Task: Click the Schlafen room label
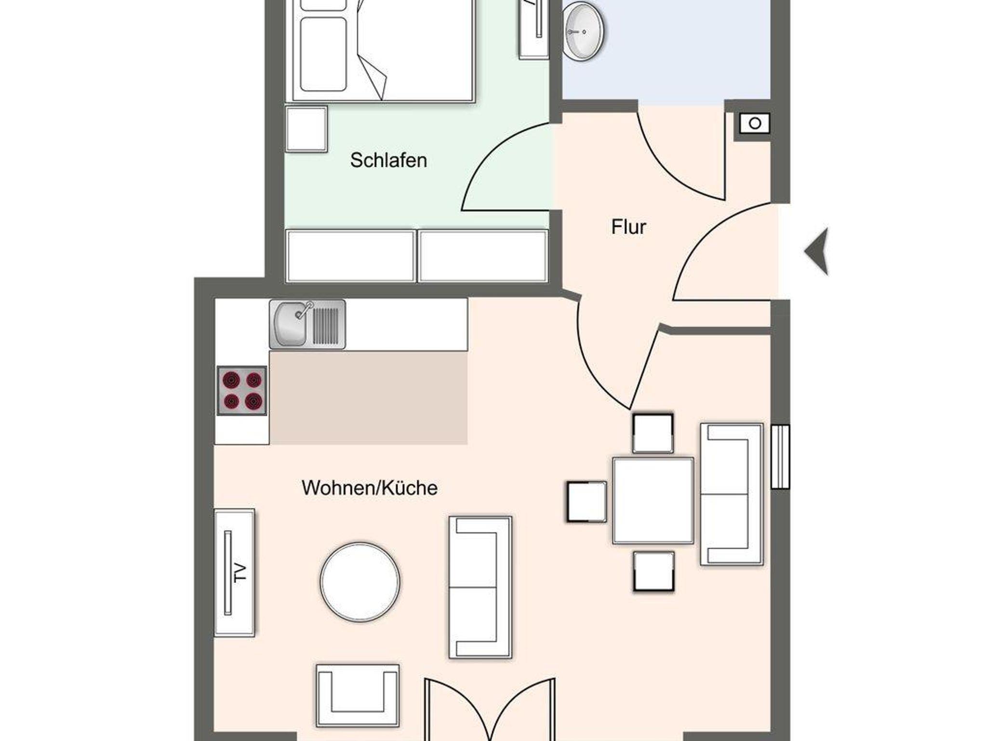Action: coord(388,160)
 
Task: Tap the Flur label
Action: coord(628,227)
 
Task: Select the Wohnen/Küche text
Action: coord(370,488)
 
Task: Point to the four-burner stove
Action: coord(242,390)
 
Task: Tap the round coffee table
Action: coord(360,582)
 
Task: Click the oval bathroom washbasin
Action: coord(584,31)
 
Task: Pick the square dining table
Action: coord(653,501)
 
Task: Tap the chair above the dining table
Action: coord(653,433)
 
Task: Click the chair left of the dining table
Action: coord(587,502)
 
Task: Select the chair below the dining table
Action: coord(654,571)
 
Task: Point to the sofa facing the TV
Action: coord(480,587)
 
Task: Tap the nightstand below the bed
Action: coord(307,129)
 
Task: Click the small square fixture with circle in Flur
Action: coord(755,123)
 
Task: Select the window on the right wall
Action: coord(780,457)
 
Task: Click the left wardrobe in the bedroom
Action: coord(350,256)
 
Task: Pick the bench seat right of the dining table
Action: coord(732,494)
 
